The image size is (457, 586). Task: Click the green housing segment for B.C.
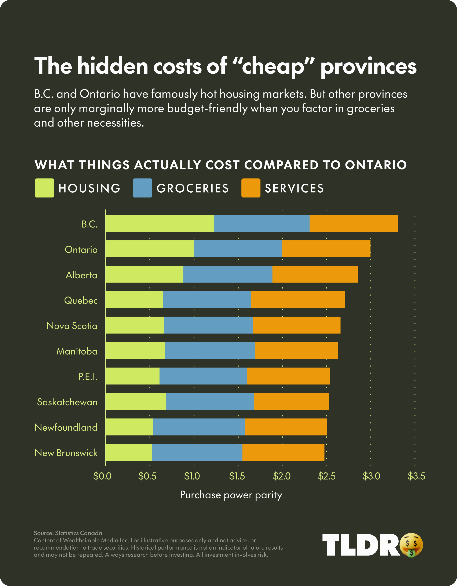tap(160, 223)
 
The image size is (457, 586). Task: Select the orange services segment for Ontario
tap(326, 249)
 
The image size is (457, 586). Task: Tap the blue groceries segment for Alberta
tap(228, 274)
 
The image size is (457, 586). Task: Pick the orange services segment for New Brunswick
tap(283, 452)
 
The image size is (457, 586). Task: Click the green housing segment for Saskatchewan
tap(135, 401)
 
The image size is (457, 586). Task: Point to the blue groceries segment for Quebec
tap(207, 300)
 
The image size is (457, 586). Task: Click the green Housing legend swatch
tap(44, 188)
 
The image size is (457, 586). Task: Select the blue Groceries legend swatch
tap(142, 188)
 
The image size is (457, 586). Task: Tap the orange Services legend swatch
tap(251, 188)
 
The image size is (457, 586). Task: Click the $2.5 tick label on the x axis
tap(326, 476)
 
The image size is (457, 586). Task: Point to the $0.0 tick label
tap(102, 476)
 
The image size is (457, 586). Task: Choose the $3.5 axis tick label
tap(416, 476)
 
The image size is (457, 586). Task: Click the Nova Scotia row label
tap(72, 326)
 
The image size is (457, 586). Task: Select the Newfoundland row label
tap(66, 427)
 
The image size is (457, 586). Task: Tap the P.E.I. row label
tap(88, 377)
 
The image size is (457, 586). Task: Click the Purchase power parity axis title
tap(231, 495)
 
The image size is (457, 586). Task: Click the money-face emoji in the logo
tap(411, 545)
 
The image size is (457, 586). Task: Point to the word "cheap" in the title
tap(273, 66)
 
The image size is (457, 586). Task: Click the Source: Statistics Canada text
tap(68, 533)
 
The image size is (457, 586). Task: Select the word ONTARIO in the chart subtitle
tap(376, 165)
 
